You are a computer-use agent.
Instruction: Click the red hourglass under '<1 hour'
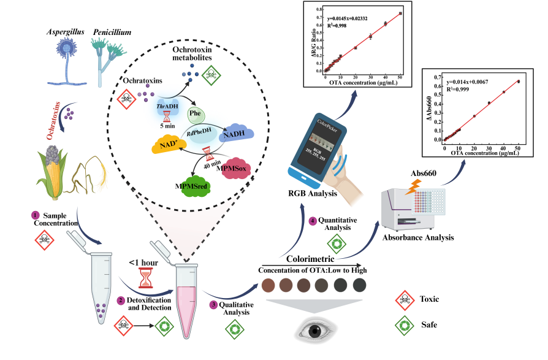click(145, 277)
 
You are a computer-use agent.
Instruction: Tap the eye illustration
click(315, 330)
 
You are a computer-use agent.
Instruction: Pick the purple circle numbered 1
click(36, 215)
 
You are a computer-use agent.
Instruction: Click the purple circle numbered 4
click(313, 221)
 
